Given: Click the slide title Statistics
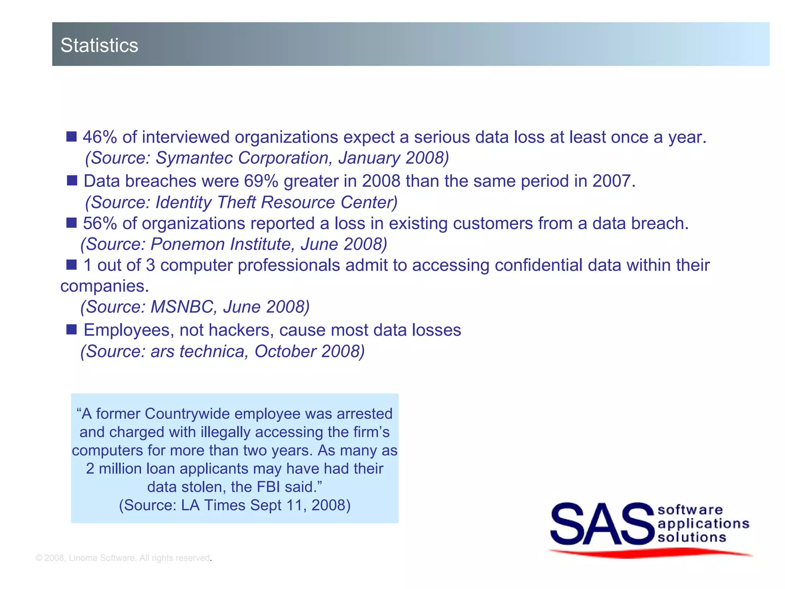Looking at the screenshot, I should pyautogui.click(x=99, y=45).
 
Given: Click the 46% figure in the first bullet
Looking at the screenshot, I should pyautogui.click(x=100, y=137).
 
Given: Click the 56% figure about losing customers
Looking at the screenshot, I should pyautogui.click(x=100, y=223).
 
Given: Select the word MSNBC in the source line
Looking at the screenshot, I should pyautogui.click(x=182, y=307).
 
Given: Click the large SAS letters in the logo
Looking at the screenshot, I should pyautogui.click(x=602, y=524).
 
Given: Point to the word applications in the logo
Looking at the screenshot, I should pyautogui.click(x=703, y=523).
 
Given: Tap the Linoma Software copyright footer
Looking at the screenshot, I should pyautogui.click(x=123, y=558).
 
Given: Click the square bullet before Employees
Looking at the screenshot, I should pyautogui.click(x=72, y=329).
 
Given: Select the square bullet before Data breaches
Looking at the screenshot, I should pyautogui.click(x=72, y=180).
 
